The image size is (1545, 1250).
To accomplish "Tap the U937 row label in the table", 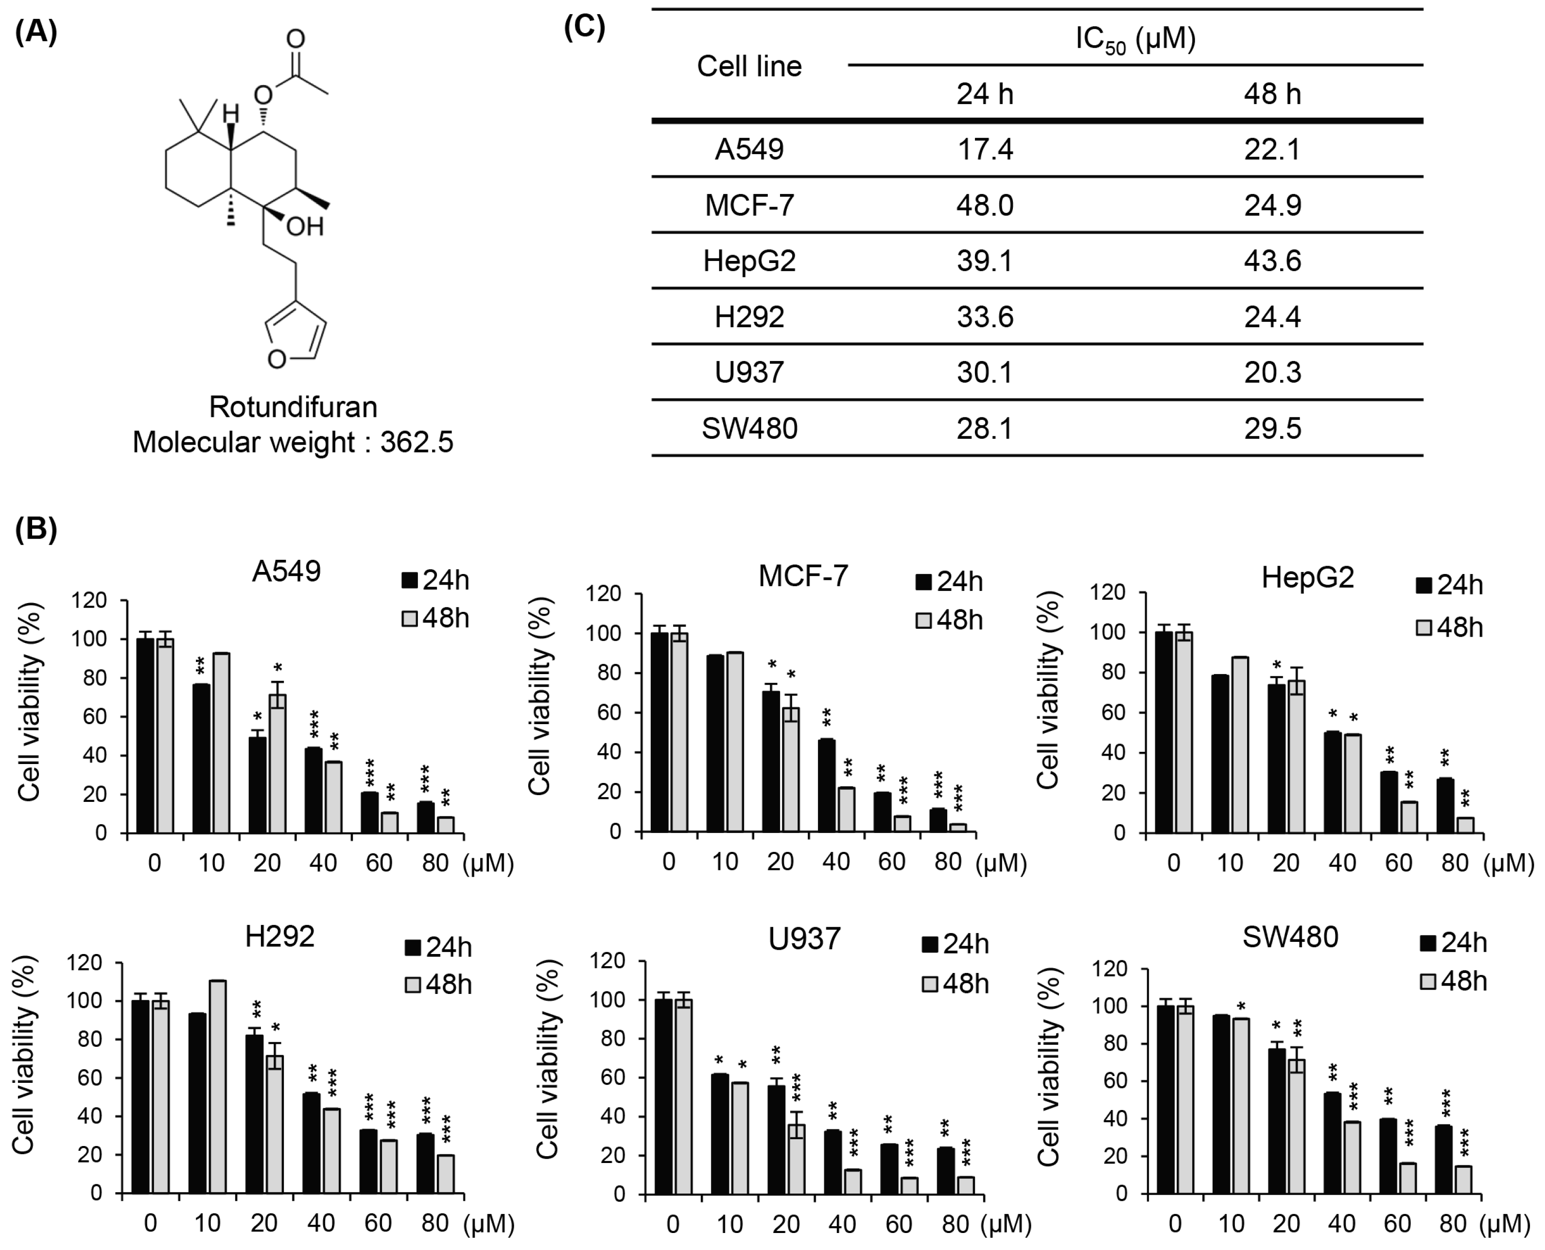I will click(749, 372).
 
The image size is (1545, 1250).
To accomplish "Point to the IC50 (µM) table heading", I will click(1135, 39).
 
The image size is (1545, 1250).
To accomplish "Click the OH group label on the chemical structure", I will click(305, 227).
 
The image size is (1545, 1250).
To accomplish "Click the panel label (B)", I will click(35, 529).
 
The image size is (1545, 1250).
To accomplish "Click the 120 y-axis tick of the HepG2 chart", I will click(1108, 592).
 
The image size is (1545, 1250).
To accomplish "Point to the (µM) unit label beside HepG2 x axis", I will click(1508, 863).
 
